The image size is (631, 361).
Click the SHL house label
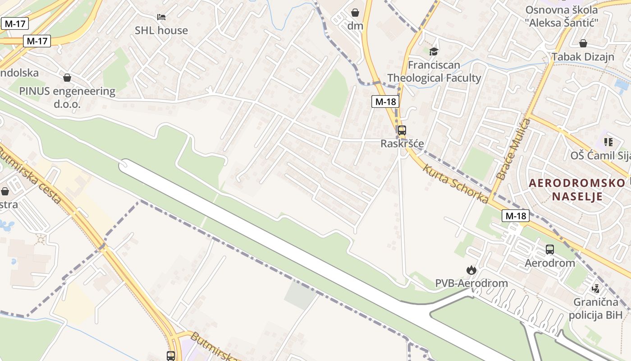(161, 30)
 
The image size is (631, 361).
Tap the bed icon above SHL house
(161, 17)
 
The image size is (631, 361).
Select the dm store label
(355, 26)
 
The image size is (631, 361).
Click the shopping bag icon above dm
(355, 12)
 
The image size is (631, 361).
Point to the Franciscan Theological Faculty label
(434, 71)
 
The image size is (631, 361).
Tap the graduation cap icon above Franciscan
(434, 51)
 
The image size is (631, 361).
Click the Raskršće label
(402, 143)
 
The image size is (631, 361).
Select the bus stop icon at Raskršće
(402, 130)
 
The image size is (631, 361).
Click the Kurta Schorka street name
(455, 183)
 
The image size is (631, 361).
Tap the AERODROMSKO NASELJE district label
(577, 190)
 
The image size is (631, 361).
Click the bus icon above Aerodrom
(550, 249)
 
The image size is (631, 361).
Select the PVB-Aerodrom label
(471, 283)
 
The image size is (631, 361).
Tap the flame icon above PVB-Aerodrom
(471, 270)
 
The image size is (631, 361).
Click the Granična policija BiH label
(595, 308)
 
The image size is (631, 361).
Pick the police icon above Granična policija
(596, 288)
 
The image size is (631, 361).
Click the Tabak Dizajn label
(583, 57)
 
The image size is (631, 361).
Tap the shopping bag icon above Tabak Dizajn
(583, 43)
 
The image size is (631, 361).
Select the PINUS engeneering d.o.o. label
(67, 97)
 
